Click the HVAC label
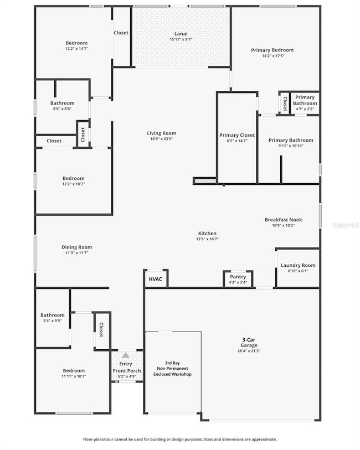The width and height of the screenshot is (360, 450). click(156, 279)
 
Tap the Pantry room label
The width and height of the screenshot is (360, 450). click(238, 277)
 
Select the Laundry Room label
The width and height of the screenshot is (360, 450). click(298, 266)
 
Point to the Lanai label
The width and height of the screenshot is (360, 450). click(181, 34)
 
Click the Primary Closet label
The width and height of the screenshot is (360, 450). click(237, 135)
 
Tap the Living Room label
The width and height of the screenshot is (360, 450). click(162, 133)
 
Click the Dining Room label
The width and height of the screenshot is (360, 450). click(77, 247)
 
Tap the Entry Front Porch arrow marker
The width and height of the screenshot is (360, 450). click(126, 355)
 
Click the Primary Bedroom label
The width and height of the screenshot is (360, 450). click(272, 50)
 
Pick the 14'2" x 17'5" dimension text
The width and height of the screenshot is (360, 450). click(272, 56)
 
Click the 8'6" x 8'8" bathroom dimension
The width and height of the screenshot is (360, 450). click(62, 109)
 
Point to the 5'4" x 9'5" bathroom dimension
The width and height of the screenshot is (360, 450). click(52, 320)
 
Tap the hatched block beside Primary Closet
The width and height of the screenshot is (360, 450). click(204, 180)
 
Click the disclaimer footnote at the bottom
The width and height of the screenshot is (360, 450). click(180, 439)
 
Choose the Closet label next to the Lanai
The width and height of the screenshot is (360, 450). click(121, 33)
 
